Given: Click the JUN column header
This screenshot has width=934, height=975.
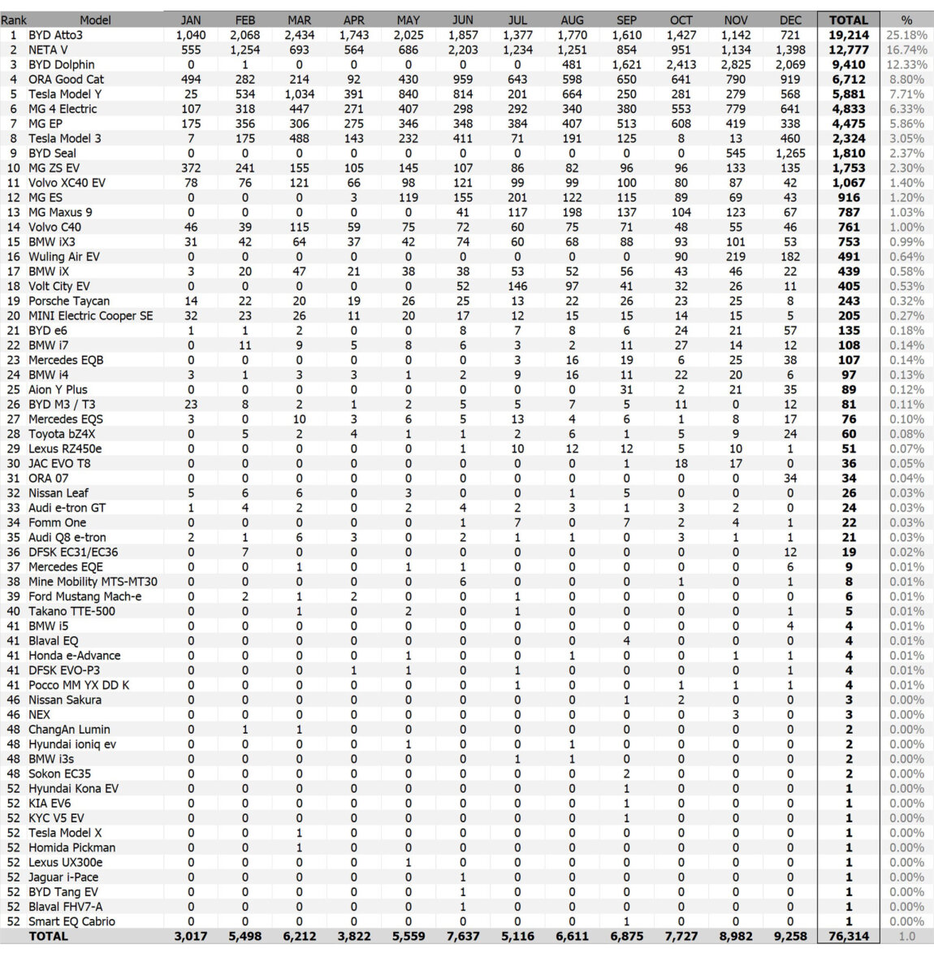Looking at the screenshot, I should [462, 20].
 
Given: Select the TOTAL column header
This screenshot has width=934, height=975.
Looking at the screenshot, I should [848, 20].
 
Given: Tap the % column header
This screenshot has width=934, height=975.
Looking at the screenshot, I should [906, 20].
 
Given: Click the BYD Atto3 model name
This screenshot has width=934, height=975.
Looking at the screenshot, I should [55, 35].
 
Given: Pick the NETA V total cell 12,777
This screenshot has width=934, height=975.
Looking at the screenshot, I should [848, 50].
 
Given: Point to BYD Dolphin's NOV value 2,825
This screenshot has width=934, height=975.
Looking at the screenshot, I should [735, 64].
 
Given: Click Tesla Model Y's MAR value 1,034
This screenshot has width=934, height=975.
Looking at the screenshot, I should [299, 94].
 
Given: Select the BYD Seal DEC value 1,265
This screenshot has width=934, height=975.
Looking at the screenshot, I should [789, 153].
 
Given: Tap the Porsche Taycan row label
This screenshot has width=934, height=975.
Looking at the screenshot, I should [69, 301].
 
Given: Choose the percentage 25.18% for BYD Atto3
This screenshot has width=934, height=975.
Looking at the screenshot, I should [906, 35].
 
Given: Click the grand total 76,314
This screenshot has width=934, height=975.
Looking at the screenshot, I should [848, 936].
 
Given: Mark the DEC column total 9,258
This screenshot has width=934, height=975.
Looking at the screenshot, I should [789, 936].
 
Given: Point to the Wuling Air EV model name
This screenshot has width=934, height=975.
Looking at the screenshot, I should [64, 257].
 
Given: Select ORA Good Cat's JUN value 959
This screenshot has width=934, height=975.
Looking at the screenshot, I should [462, 80].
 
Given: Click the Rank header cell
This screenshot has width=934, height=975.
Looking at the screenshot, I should [14, 20].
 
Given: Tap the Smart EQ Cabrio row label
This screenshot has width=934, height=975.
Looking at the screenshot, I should [71, 921].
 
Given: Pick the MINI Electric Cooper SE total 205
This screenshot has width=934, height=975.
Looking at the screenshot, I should [848, 315].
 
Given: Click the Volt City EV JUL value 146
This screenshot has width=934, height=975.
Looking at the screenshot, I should [517, 286].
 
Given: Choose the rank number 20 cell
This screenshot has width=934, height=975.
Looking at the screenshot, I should [14, 315].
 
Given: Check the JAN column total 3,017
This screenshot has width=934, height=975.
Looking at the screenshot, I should [191, 936].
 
